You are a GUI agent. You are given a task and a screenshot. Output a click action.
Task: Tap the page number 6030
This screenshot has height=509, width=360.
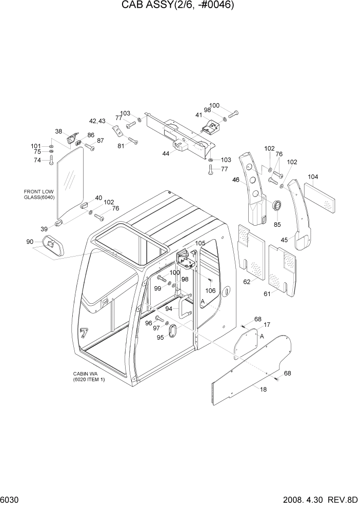11,500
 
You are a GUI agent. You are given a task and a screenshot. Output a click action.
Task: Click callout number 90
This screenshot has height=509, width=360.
30,242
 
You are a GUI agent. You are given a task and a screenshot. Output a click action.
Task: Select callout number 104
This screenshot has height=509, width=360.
313,177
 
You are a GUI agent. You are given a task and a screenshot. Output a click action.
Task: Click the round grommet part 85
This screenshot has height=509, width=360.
276,206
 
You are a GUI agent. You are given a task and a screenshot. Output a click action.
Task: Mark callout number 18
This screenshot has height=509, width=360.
264,390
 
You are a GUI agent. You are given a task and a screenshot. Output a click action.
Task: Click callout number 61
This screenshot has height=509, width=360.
267,294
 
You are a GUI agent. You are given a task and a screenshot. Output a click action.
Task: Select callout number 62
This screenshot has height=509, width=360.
247,282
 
